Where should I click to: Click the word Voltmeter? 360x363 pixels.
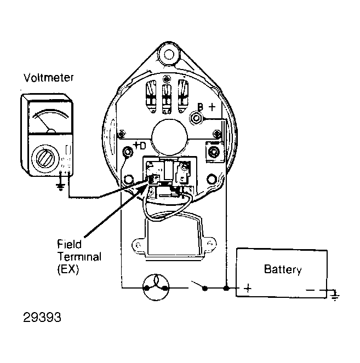49,78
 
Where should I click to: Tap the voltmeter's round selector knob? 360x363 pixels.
44,158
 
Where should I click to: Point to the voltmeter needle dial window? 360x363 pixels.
50,117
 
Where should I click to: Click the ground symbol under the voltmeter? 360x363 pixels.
60,186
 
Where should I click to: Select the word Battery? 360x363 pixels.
283,269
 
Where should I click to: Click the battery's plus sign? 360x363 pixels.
248,289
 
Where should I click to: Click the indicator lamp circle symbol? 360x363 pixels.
156,287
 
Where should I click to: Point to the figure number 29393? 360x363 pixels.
42,318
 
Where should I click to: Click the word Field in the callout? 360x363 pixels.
69,244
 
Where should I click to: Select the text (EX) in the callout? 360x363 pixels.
68,269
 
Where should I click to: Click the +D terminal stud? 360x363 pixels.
128,152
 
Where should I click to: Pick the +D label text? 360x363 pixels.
140,146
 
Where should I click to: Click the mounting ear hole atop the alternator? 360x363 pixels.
169,55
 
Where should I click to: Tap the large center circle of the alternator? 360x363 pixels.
169,137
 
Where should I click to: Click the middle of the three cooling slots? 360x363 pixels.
167,98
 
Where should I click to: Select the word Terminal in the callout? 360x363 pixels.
79,256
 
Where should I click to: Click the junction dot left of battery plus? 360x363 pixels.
226,288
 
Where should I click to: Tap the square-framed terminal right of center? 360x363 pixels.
215,152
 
